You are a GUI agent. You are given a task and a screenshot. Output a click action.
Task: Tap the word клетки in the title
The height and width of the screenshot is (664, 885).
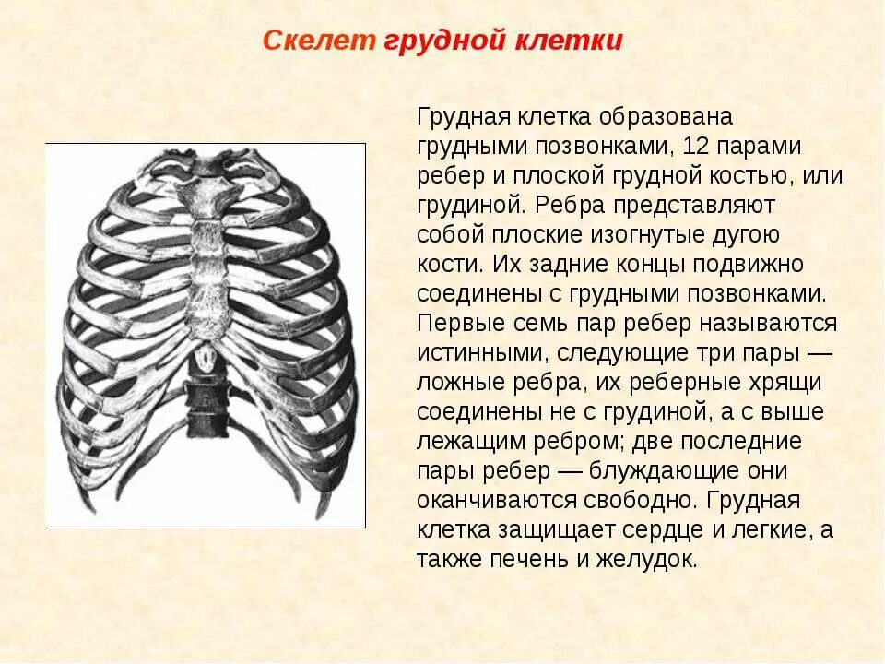577,41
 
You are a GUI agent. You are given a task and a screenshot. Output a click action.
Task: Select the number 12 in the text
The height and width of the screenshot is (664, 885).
690,147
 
